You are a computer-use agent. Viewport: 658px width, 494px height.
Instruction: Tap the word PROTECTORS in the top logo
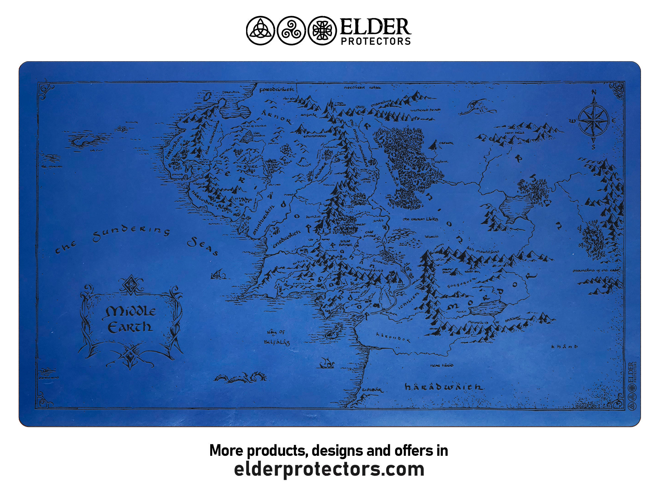click(x=376, y=41)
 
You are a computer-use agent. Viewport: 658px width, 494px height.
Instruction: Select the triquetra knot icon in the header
click(x=260, y=31)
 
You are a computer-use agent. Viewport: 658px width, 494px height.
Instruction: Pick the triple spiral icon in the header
click(x=291, y=31)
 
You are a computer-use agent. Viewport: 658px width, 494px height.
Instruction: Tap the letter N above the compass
click(x=594, y=93)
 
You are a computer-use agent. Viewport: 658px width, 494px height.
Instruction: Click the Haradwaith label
click(x=444, y=387)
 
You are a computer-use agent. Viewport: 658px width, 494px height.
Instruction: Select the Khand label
click(x=565, y=346)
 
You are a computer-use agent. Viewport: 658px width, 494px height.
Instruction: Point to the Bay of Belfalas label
click(x=276, y=338)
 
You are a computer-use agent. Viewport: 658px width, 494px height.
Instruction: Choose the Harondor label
click(x=393, y=337)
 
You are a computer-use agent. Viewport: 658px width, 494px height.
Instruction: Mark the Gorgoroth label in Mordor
click(x=461, y=283)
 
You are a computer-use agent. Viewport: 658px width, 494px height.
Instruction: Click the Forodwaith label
click(x=276, y=89)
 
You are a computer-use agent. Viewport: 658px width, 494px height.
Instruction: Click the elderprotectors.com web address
click(x=329, y=469)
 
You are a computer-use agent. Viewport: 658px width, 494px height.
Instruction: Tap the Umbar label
click(x=372, y=390)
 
